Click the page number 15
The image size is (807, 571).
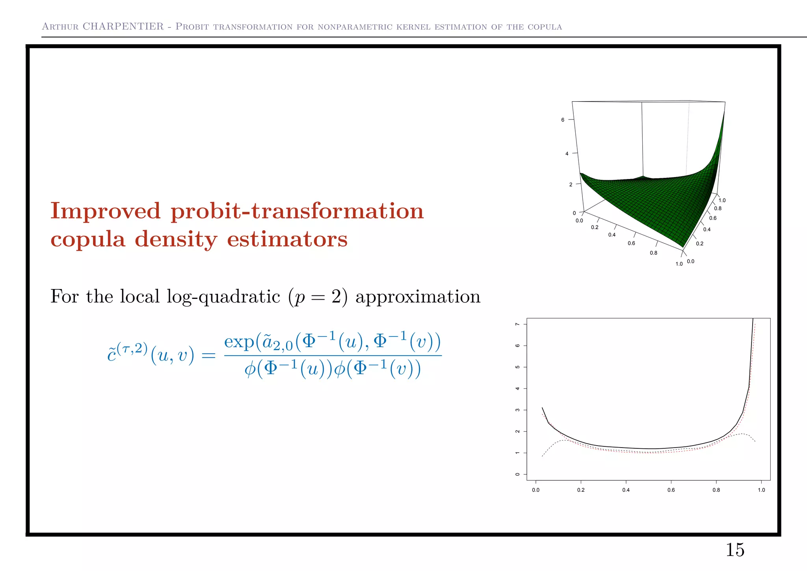pos(735,550)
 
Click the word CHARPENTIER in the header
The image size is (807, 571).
pos(123,26)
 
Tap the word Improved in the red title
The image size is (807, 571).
pos(106,211)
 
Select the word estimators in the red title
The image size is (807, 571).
pos(287,239)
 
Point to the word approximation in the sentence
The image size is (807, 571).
pos(418,297)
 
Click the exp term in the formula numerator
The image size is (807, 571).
pos(239,341)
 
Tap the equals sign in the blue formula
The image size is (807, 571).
pos(208,356)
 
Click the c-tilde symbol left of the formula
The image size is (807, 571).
pos(112,355)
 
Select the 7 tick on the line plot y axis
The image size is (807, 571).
pos(518,324)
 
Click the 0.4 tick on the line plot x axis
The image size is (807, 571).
pos(626,490)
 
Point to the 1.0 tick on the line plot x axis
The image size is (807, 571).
pos(761,490)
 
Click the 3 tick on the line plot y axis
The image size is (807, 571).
pos(518,410)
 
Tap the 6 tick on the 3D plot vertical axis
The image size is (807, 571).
pos(563,119)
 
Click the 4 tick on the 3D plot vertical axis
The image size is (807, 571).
pos(567,153)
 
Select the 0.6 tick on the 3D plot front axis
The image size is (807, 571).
pos(631,243)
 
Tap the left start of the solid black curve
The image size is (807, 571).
pos(542,408)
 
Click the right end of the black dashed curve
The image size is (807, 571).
pos(755,441)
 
